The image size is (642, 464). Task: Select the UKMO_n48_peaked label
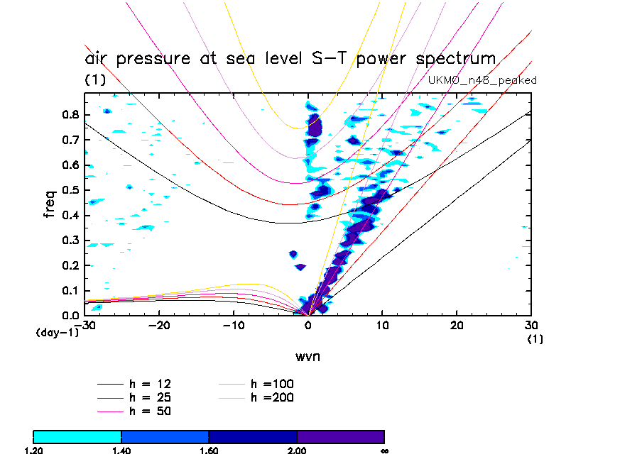tap(482, 80)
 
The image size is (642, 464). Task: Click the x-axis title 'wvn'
tap(308, 355)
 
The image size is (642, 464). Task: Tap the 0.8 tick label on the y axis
tap(71, 115)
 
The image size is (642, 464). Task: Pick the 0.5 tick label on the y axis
tap(71, 190)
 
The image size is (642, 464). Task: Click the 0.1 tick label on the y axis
tap(71, 290)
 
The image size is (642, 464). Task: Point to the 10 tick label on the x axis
tap(382, 325)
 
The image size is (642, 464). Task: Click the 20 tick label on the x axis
tap(457, 325)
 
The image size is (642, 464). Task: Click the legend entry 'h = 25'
tap(150, 397)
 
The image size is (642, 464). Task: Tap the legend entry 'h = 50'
tap(150, 411)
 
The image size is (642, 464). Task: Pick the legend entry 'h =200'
tap(273, 397)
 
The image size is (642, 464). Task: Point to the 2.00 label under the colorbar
tap(297, 451)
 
